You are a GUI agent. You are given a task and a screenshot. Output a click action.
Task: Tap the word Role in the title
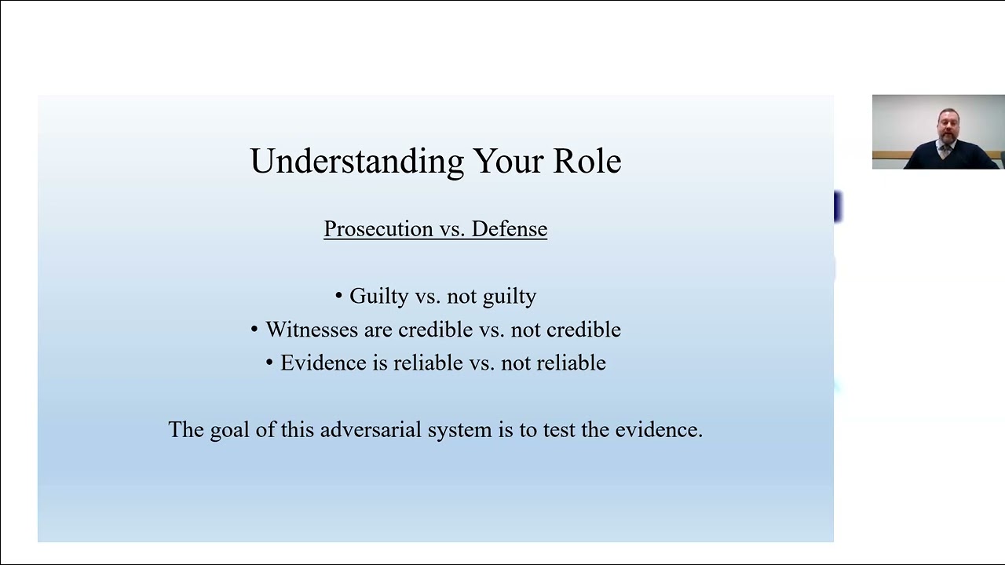(x=587, y=161)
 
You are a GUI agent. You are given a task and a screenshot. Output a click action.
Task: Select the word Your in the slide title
(x=509, y=161)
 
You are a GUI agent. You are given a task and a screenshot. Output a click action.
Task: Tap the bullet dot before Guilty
(x=339, y=297)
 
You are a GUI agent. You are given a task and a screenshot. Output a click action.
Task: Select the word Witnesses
(x=312, y=330)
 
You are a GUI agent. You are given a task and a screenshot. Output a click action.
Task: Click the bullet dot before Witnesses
(x=254, y=330)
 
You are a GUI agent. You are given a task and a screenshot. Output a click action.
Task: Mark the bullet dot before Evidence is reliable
(x=269, y=363)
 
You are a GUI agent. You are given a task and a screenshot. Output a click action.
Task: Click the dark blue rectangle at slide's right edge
(x=838, y=207)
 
